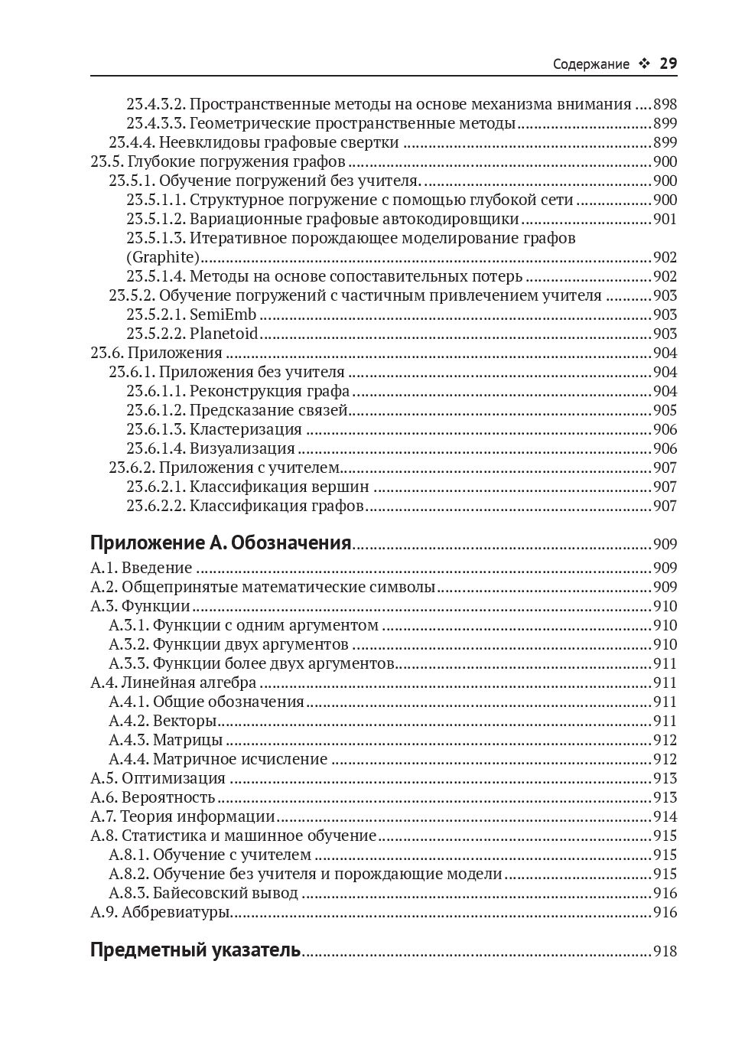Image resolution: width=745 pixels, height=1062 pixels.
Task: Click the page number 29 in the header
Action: click(x=668, y=64)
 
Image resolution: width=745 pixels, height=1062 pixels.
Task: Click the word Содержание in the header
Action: click(x=590, y=64)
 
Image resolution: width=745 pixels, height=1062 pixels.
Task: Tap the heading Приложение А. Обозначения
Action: click(x=220, y=543)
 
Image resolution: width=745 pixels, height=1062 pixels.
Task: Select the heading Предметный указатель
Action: click(x=195, y=951)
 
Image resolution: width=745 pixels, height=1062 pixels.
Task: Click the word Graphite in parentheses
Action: click(x=163, y=257)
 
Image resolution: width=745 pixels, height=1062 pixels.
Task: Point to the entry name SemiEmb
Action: click(x=223, y=314)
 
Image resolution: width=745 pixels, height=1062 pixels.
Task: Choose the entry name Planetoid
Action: click(x=223, y=334)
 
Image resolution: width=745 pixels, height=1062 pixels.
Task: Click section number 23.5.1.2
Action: click(x=156, y=219)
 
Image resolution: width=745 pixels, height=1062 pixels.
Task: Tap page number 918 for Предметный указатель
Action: click(x=665, y=952)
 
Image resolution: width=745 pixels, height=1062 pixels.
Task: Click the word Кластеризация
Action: click(x=246, y=429)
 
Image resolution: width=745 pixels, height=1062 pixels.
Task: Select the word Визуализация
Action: click(x=242, y=448)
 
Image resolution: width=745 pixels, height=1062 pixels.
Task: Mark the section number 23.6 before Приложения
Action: click(x=106, y=353)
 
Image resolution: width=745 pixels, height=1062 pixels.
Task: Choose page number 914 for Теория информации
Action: click(x=665, y=816)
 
